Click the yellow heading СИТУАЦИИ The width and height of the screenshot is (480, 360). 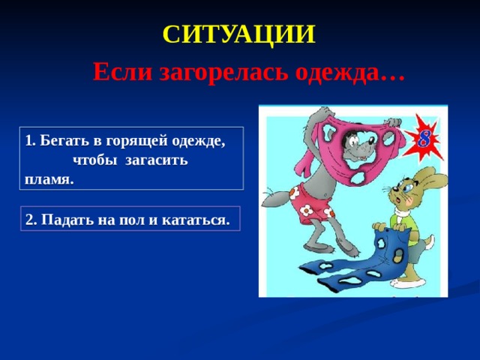tap(238, 34)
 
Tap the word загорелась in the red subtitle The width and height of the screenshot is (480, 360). tap(224, 73)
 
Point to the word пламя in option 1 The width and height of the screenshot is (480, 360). tap(48, 180)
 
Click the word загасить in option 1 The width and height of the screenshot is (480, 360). tap(157, 160)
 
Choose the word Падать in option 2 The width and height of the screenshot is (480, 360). tap(67, 220)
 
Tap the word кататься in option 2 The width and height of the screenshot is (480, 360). tap(195, 220)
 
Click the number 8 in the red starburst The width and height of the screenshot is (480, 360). tap(424, 139)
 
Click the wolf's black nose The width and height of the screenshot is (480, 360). tap(370, 140)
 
